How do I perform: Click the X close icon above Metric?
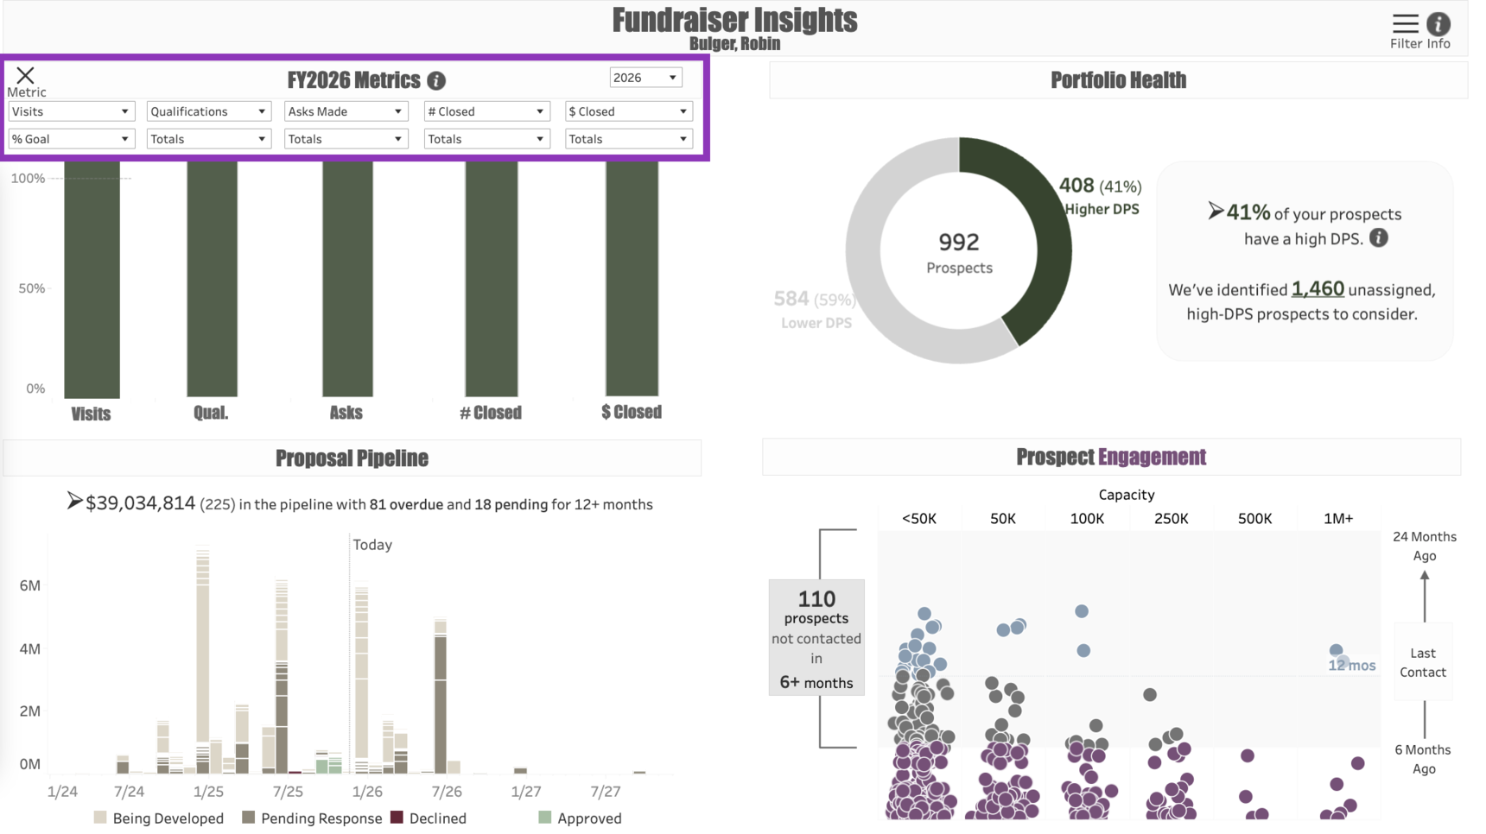25,75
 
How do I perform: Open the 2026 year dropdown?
645,78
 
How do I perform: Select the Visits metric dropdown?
71,111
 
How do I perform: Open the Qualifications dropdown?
208,111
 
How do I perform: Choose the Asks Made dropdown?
345,111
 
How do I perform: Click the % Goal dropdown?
71,139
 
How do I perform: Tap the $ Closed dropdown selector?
628,111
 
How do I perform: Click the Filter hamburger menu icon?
1405,23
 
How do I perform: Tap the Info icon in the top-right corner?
1438,24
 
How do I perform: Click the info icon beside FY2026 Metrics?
436,81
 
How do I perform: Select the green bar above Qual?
212,276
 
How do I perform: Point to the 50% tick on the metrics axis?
32,288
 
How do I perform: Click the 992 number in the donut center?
958,243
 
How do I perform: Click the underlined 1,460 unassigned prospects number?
1318,289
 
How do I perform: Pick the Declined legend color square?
397,818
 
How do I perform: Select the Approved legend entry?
588,818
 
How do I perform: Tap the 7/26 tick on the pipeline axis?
446,792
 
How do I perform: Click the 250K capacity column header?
1171,519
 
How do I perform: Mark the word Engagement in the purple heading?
1152,458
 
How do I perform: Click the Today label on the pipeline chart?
372,545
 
